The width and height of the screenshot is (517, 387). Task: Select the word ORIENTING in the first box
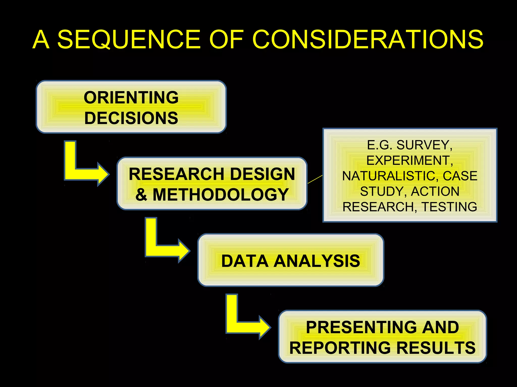coord(131,98)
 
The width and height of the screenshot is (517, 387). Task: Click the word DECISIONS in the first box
coord(131,118)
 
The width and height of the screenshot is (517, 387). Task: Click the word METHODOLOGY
coord(221,195)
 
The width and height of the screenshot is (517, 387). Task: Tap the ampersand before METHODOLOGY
coord(141,195)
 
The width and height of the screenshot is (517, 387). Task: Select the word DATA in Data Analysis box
coord(245,261)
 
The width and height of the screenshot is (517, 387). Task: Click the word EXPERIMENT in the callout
coord(408,160)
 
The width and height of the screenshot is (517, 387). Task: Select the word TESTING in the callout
coord(449,207)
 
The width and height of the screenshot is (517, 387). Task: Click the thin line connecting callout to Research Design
coord(315,179)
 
